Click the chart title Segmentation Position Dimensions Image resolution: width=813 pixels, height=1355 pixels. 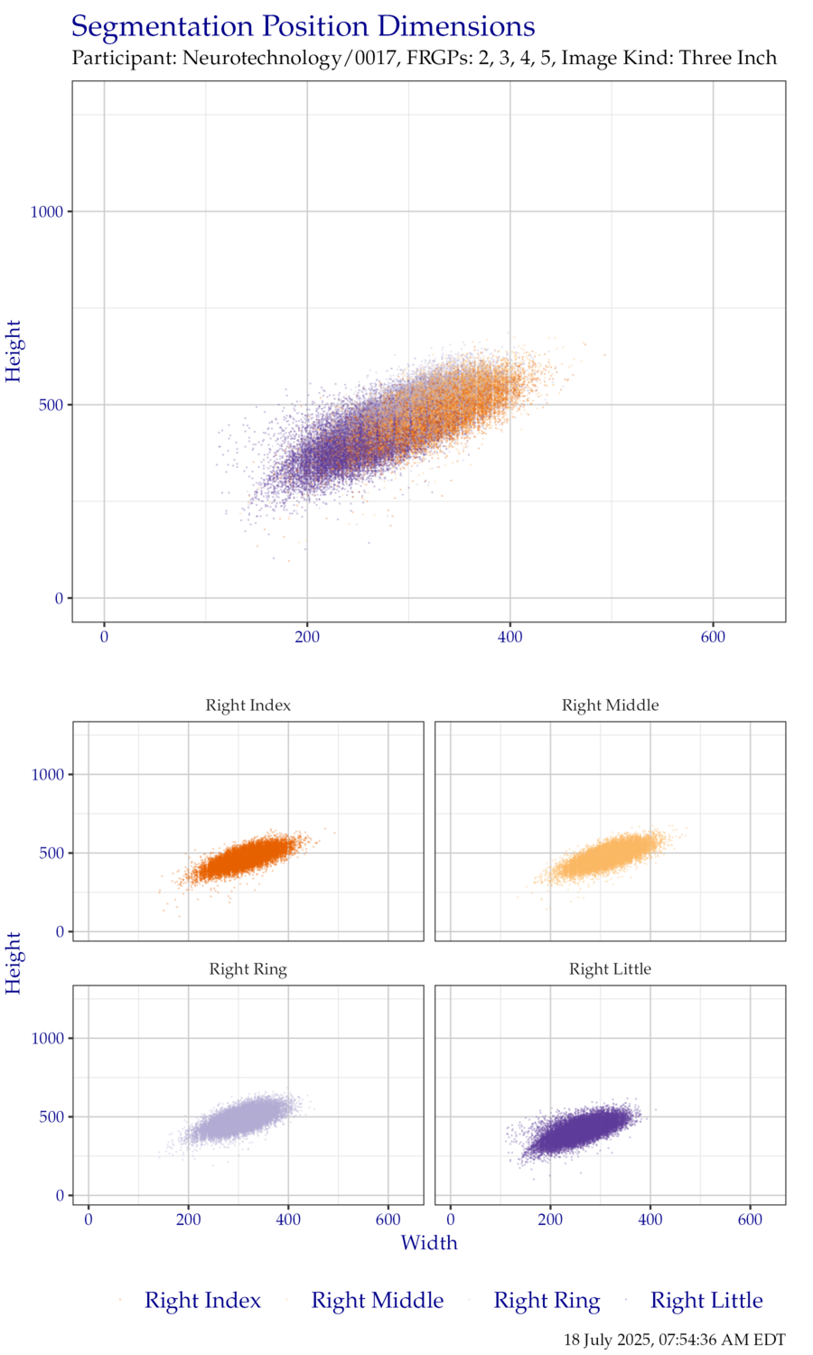click(x=304, y=27)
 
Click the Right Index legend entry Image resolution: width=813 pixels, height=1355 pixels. click(x=202, y=1301)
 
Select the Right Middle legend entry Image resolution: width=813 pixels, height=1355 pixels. click(x=377, y=1301)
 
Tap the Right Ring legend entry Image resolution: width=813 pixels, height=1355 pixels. click(x=546, y=1301)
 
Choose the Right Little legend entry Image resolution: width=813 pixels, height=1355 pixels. click(x=706, y=1301)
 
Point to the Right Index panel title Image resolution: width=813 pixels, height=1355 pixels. click(x=248, y=706)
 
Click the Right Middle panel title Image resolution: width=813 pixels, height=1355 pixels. click(x=611, y=706)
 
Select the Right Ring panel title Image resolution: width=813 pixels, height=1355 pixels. click(x=248, y=969)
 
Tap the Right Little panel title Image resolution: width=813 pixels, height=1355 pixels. click(x=611, y=969)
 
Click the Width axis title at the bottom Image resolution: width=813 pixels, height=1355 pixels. click(x=429, y=1243)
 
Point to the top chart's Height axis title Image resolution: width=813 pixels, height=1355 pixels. click(x=14, y=350)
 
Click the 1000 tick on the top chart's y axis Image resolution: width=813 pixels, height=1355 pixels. click(x=47, y=211)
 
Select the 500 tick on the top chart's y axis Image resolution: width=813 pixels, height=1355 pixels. click(x=51, y=405)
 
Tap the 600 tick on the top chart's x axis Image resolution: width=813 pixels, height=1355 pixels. click(x=713, y=637)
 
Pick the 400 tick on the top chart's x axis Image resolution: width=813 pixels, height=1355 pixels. click(x=510, y=637)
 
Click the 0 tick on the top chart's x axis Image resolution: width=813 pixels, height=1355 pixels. click(x=105, y=637)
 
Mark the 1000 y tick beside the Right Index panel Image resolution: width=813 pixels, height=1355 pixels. click(x=47, y=775)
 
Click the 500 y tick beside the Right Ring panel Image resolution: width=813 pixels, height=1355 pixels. click(x=51, y=1117)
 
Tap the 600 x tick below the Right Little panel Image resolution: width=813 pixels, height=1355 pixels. click(x=751, y=1219)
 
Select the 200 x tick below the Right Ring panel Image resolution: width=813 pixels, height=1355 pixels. click(x=188, y=1219)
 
